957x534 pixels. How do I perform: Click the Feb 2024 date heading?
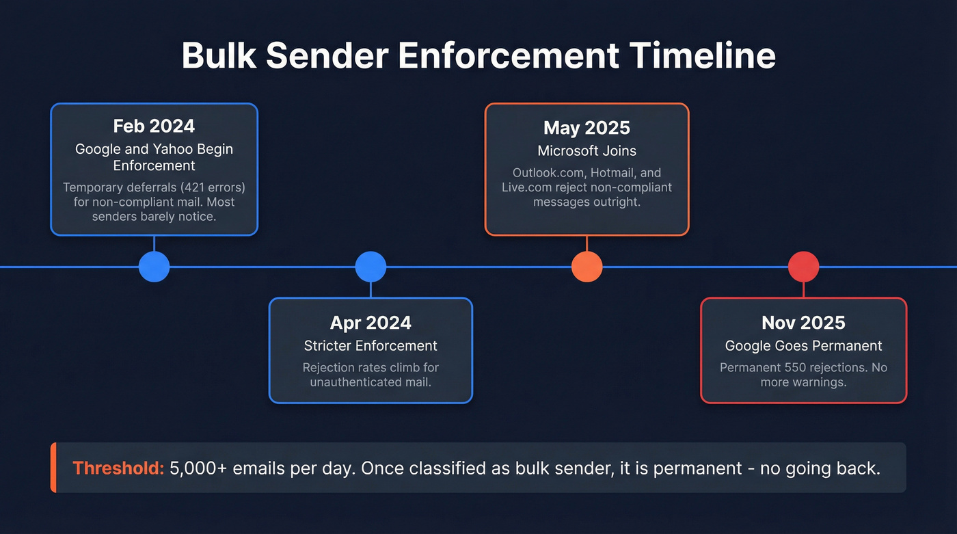point(154,126)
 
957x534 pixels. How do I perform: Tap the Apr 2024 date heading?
point(370,323)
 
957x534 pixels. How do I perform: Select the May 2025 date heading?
point(587,128)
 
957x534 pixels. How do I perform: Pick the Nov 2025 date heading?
point(803,323)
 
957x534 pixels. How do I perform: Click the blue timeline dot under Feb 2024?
point(154,267)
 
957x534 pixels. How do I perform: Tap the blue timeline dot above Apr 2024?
point(370,267)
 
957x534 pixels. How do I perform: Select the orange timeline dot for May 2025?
point(587,267)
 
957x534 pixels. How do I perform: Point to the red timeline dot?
point(803,267)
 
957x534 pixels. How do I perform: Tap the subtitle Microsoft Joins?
point(587,150)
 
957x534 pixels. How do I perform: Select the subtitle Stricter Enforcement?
point(370,346)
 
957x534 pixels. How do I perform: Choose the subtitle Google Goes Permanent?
point(803,346)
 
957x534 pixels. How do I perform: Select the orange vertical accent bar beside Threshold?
point(53,468)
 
